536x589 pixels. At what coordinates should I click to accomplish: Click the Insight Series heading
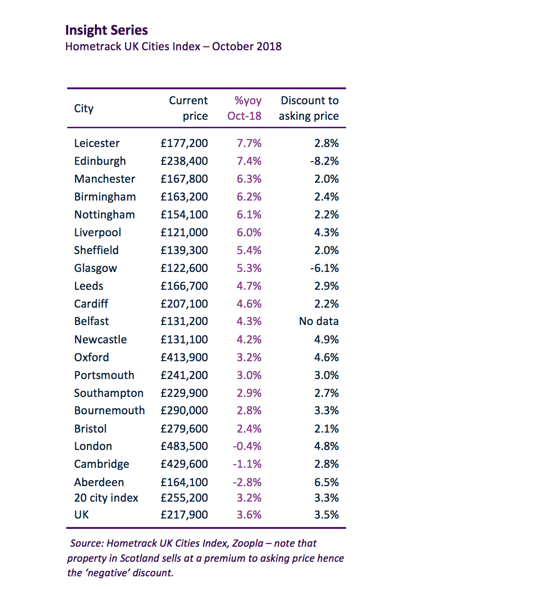pyautogui.click(x=106, y=30)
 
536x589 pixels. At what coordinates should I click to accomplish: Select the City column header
pyautogui.click(x=84, y=108)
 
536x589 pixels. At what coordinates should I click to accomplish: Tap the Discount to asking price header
pyautogui.click(x=309, y=108)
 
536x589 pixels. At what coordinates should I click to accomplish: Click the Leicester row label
pyautogui.click(x=97, y=143)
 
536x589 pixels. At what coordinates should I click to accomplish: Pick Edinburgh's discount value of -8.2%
pyautogui.click(x=324, y=161)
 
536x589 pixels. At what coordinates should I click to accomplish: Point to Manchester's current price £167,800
pyautogui.click(x=184, y=179)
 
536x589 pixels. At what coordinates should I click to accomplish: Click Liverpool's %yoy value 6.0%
pyautogui.click(x=249, y=232)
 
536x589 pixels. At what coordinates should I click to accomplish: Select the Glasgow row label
pyautogui.click(x=95, y=268)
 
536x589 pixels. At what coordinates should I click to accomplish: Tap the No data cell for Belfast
pyautogui.click(x=319, y=321)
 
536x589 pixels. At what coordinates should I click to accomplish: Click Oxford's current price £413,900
pyautogui.click(x=184, y=357)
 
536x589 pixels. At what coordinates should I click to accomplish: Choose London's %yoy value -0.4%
pyautogui.click(x=247, y=446)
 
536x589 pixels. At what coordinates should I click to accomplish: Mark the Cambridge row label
pyautogui.click(x=102, y=464)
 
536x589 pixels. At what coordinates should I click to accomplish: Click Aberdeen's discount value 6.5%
pyautogui.click(x=326, y=482)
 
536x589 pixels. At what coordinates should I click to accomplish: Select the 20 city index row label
pyautogui.click(x=106, y=498)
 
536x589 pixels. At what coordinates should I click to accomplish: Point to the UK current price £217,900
pyautogui.click(x=184, y=515)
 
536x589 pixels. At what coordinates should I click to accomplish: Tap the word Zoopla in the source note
pyautogui.click(x=248, y=543)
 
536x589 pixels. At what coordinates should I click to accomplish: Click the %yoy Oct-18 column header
pyautogui.click(x=245, y=108)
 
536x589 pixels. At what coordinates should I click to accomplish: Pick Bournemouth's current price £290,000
pyautogui.click(x=184, y=411)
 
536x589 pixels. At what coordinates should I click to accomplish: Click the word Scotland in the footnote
pyautogui.click(x=140, y=558)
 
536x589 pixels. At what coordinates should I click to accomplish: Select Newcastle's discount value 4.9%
pyautogui.click(x=326, y=340)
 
